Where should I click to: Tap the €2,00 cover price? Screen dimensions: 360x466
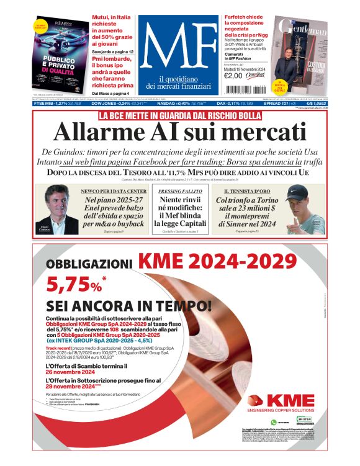point(233,76)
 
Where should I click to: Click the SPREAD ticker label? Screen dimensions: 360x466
point(291,104)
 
